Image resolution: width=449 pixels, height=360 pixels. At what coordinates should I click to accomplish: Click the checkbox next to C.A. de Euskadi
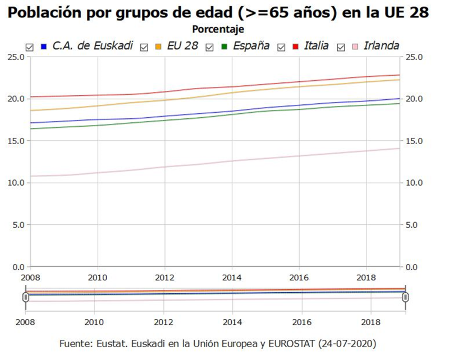coord(30,46)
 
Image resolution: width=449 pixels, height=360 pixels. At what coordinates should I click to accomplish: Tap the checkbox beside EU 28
coord(144,46)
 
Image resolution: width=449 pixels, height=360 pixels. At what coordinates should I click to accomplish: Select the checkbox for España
coord(210,46)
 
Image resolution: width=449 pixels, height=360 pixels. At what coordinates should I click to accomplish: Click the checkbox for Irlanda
coord(340,46)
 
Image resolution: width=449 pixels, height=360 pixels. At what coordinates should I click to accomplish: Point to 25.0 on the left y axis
coord(15,57)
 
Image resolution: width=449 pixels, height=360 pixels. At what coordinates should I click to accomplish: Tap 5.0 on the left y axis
coord(17,225)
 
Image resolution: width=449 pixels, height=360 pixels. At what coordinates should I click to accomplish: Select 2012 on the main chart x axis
coord(164,278)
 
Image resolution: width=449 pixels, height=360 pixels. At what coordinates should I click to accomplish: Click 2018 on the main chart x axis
coord(366,278)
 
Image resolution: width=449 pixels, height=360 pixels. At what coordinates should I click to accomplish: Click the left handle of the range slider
coord(26,297)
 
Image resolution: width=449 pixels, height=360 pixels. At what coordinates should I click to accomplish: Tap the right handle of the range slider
coord(405,297)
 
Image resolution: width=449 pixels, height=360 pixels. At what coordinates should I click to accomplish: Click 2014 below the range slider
coord(232,324)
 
